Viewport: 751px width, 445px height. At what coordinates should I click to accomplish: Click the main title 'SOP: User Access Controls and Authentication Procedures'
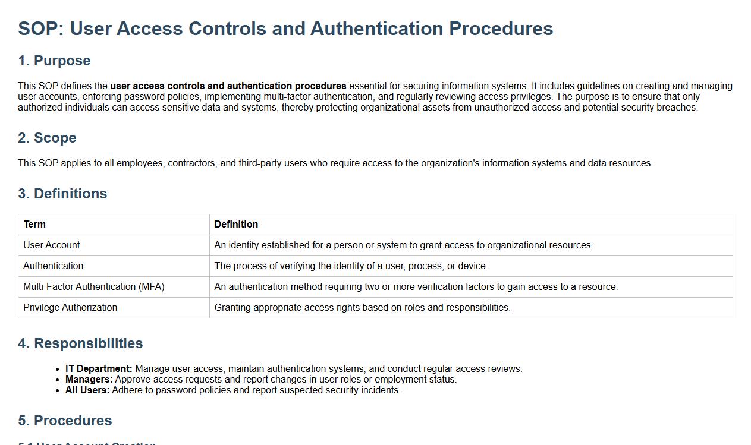coord(285,29)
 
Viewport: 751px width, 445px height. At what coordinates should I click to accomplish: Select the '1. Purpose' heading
coord(54,61)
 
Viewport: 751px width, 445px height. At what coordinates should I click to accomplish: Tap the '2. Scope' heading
coord(47,138)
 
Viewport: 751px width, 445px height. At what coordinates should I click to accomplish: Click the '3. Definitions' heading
coord(62,194)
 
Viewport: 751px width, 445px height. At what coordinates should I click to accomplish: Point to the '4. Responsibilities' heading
coord(80,343)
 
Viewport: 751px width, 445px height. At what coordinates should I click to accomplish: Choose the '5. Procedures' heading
coord(65,421)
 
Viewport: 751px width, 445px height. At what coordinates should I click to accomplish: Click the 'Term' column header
coord(34,224)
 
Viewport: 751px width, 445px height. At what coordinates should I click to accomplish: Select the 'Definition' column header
coord(236,224)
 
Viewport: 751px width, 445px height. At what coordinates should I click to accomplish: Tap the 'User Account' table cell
coord(52,245)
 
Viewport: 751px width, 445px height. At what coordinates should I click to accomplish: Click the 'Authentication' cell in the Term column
coord(54,266)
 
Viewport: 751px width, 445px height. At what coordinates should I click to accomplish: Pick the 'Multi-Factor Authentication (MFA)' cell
coord(94,286)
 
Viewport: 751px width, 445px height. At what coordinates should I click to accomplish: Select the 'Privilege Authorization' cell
coord(70,307)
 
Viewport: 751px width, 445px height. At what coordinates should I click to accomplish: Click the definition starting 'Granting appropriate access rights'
coord(362,307)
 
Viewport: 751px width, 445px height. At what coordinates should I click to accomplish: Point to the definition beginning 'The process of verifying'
coord(351,266)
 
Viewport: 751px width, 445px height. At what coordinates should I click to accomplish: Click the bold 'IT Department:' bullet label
coord(99,368)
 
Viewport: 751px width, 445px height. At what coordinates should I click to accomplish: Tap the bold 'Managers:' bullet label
coord(89,379)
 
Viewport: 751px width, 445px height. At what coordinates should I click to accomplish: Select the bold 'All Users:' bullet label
coord(87,390)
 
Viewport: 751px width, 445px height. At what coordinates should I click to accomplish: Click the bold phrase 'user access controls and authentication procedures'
coord(228,86)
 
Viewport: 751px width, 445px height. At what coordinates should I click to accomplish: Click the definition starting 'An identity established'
coord(403,245)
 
